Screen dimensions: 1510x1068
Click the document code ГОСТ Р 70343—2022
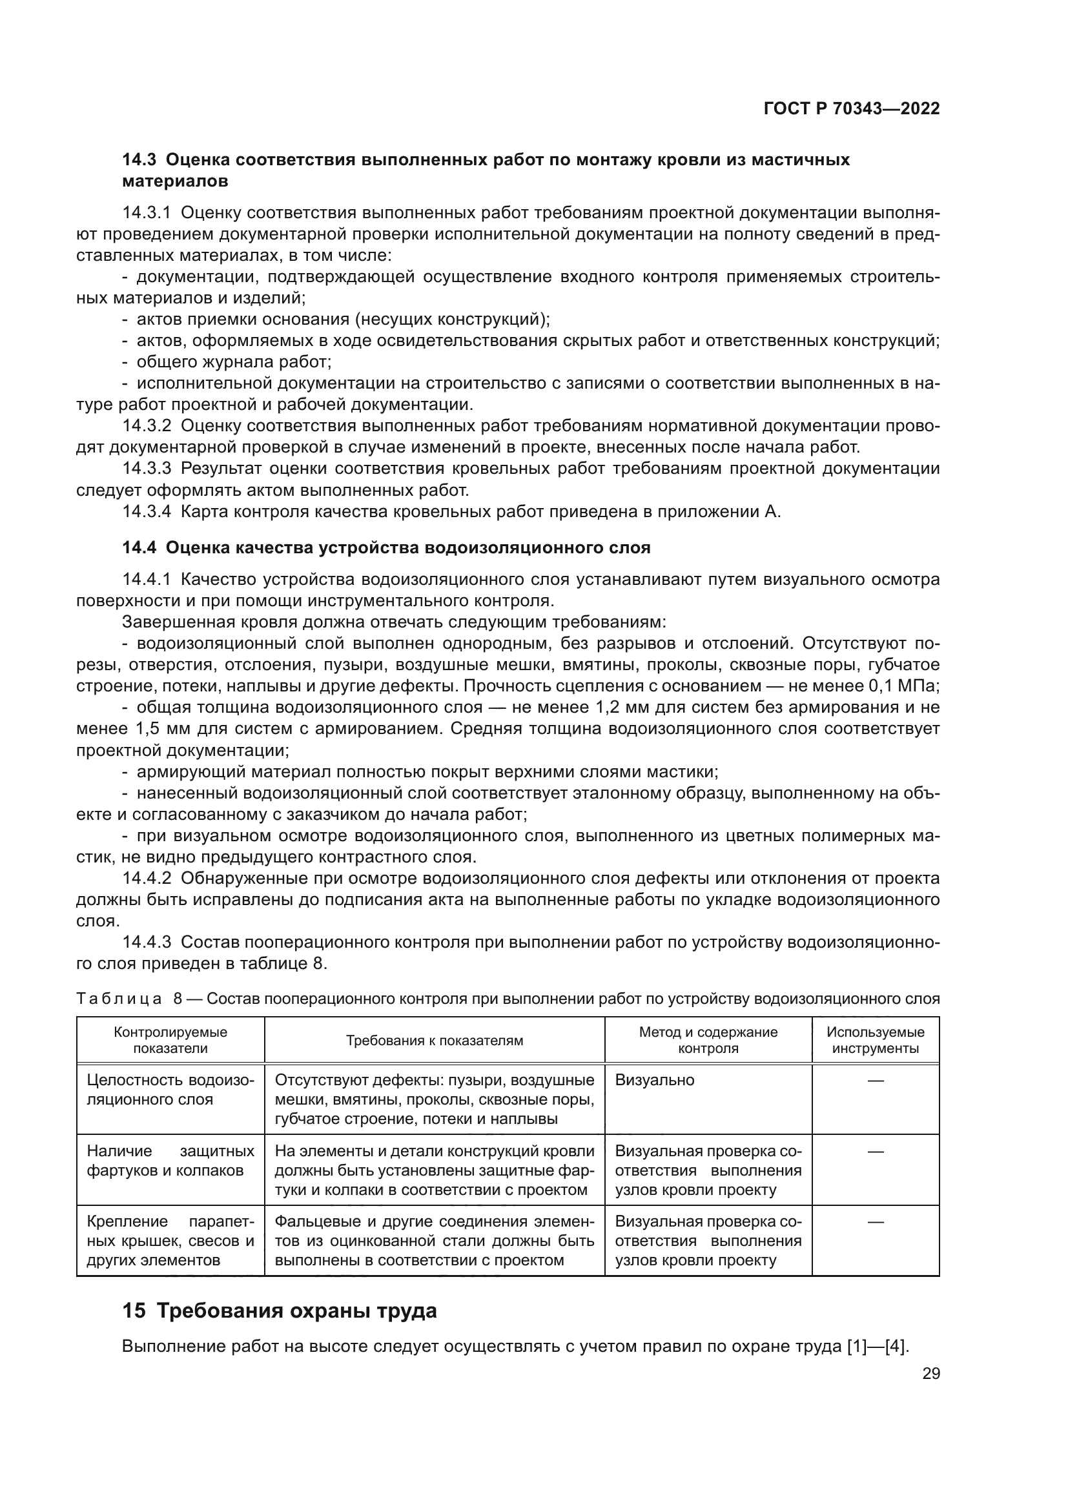click(852, 108)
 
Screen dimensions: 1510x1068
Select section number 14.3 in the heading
click(139, 160)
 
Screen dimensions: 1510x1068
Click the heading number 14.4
click(139, 547)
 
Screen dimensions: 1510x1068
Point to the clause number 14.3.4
click(147, 512)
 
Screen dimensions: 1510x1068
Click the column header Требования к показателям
click(435, 1041)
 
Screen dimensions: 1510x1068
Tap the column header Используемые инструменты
click(876, 1041)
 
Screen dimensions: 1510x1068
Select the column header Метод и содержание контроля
click(708, 1041)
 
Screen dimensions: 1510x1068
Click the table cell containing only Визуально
click(654, 1080)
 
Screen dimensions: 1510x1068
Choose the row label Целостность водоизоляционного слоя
click(170, 1090)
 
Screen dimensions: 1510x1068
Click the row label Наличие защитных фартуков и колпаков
click(170, 1161)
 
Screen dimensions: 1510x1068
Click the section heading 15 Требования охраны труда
click(280, 1311)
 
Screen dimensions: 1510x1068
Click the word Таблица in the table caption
click(119, 999)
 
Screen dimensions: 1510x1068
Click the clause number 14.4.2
click(147, 879)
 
